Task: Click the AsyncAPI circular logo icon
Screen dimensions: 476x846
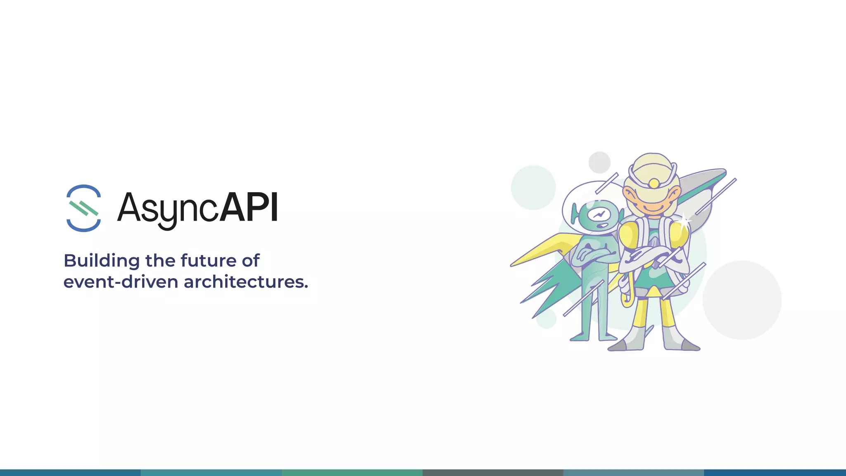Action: coord(83,208)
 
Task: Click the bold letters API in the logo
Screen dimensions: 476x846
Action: coord(249,207)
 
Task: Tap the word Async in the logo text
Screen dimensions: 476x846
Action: coord(168,209)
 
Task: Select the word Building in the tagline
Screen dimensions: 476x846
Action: coord(102,261)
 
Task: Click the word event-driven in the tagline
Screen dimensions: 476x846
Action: coord(120,282)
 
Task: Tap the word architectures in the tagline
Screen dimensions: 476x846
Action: coord(246,282)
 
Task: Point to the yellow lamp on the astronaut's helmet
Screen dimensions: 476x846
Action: coord(654,183)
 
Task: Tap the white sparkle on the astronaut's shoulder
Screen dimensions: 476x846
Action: coord(684,221)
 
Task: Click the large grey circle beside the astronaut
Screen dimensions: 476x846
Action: coord(742,300)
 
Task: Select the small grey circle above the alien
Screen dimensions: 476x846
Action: coord(599,162)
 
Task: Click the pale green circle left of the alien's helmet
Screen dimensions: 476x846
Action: coord(533,187)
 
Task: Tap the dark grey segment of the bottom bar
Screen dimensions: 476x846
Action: coord(493,472)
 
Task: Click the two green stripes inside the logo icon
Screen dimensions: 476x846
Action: coord(84,208)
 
